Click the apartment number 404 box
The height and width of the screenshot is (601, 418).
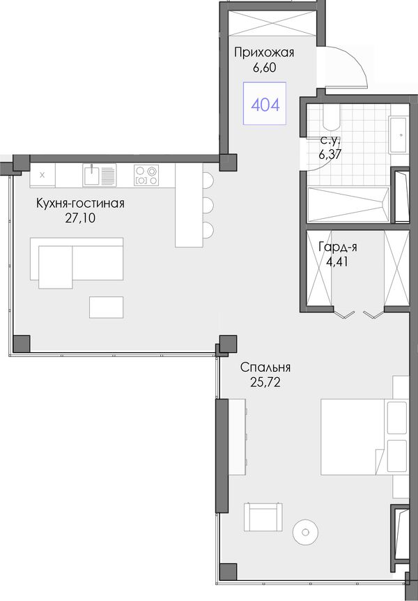265,103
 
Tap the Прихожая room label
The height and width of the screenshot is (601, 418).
264,52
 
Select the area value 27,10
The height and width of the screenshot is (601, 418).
80,218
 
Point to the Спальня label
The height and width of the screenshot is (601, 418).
265,367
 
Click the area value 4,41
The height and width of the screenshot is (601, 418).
337,262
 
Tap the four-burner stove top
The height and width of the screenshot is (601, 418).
146,175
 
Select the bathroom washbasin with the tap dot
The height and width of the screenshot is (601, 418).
398,135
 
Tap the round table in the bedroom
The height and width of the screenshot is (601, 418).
305,533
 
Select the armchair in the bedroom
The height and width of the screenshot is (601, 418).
263,516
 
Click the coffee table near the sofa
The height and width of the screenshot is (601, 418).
107,307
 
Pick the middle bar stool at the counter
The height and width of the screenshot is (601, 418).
208,206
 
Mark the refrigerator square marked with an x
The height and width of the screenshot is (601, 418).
42,175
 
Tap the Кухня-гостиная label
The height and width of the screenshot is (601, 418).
80,203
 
